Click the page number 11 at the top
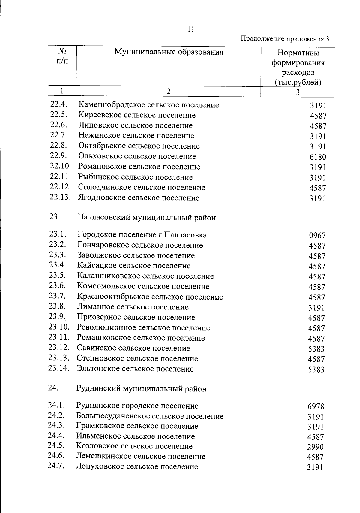[191, 29]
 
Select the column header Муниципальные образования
[169, 52]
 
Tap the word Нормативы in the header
[298, 53]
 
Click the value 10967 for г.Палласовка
[315, 236]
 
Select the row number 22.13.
[60, 197]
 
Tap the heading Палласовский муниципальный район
[147, 218]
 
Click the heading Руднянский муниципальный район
[142, 389]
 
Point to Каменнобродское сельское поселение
[149, 105]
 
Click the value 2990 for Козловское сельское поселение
[315, 447]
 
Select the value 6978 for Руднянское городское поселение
[316, 407]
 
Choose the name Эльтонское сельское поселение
[135, 369]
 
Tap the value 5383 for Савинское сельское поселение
[316, 349]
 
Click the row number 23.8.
[57, 306]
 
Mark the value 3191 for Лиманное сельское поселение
[316, 308]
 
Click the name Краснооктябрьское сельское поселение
[150, 297]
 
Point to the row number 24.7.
[56, 466]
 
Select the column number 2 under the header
[169, 92]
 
